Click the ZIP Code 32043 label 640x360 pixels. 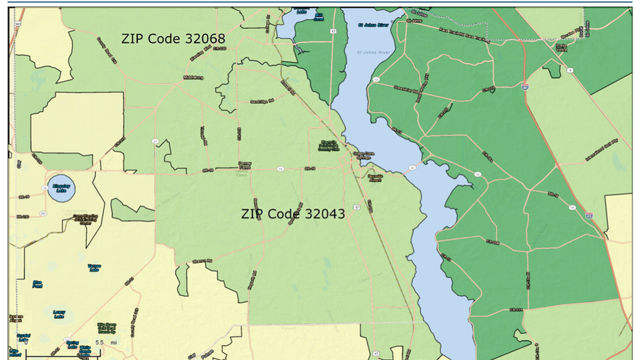click(293, 213)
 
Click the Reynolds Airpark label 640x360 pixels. click(375, 178)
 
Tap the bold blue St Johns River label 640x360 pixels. click(371, 24)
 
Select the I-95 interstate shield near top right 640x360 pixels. click(523, 86)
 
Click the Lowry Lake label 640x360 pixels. click(59, 313)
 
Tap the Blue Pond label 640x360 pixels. click(37, 284)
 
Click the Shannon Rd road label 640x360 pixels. click(203, 261)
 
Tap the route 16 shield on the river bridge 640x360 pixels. click(411, 168)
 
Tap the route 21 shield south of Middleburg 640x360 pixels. click(155, 141)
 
